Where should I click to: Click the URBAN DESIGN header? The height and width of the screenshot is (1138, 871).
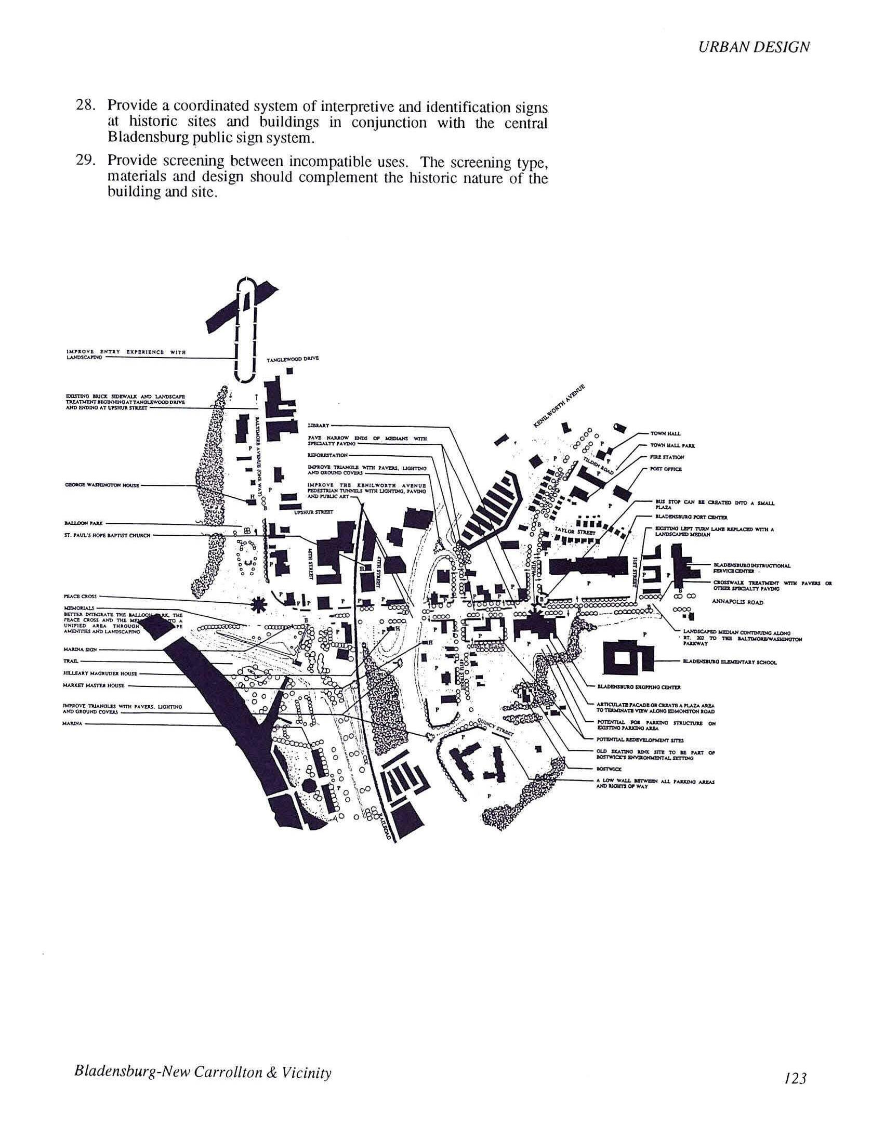[x=754, y=47]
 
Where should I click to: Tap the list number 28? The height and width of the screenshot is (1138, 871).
[x=84, y=105]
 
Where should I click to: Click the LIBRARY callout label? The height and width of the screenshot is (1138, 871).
[x=316, y=426]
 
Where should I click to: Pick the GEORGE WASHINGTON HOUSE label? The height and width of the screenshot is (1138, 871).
[x=102, y=485]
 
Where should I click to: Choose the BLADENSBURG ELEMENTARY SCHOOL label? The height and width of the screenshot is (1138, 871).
[x=730, y=663]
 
